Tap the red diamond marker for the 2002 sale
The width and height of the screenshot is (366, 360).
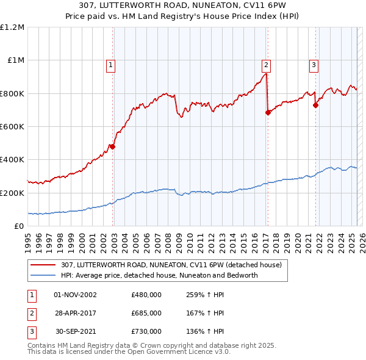pyautogui.click(x=112, y=146)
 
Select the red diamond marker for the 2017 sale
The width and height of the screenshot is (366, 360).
pyautogui.click(x=268, y=112)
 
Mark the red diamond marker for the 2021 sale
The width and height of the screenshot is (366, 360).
pyautogui.click(x=316, y=105)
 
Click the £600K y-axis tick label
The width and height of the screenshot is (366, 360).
pyautogui.click(x=12, y=126)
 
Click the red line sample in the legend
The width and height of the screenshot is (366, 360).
pyautogui.click(x=43, y=265)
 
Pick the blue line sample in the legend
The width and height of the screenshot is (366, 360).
pyautogui.click(x=43, y=275)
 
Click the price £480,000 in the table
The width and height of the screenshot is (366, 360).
pyautogui.click(x=146, y=295)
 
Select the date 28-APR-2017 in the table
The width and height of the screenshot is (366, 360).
pyautogui.click(x=76, y=313)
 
